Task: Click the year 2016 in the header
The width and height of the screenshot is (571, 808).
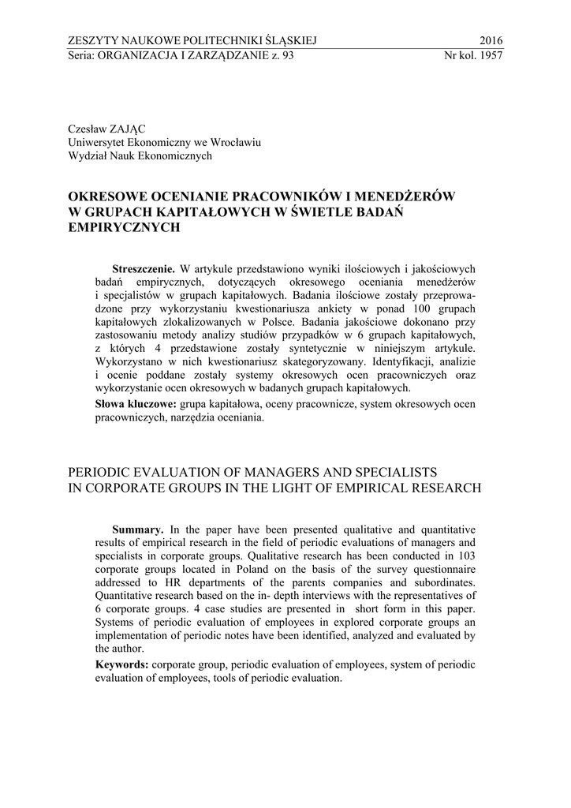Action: tap(491, 41)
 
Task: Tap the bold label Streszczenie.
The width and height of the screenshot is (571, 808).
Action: tap(144, 269)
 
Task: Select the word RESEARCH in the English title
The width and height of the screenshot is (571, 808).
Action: tap(446, 487)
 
